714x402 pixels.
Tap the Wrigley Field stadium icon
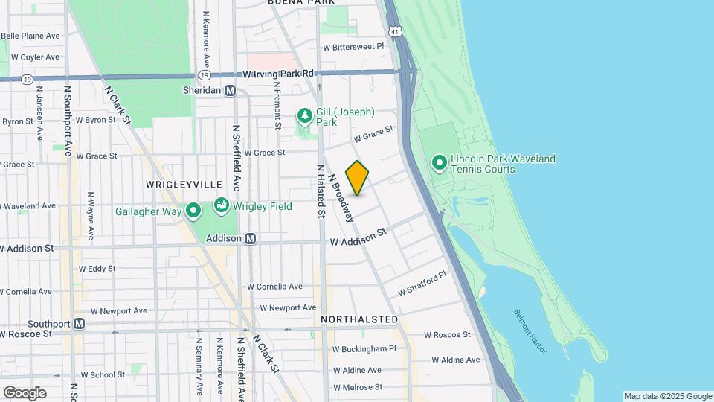pyautogui.click(x=222, y=205)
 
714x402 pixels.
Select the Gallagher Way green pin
pyautogui.click(x=193, y=211)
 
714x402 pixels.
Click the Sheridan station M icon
pyautogui.click(x=230, y=90)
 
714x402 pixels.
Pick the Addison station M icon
pyautogui.click(x=251, y=238)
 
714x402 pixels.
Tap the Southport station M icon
pyautogui.click(x=79, y=324)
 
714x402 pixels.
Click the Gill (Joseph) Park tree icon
pyautogui.click(x=303, y=116)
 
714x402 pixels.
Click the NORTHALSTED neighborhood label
pyautogui.click(x=359, y=319)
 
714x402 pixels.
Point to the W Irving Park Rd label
pyautogui.click(x=280, y=74)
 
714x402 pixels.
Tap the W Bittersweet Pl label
pyautogui.click(x=353, y=46)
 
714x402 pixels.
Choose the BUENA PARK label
pyautogui.click(x=297, y=3)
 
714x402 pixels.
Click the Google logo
pyautogui.click(x=25, y=393)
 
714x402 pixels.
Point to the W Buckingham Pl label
pyautogui.click(x=364, y=348)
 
